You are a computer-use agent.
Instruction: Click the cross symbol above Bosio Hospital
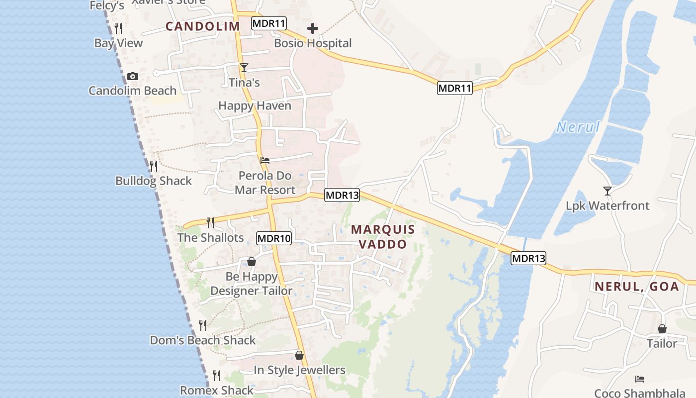point(313,29)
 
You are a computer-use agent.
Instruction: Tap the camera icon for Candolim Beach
point(132,76)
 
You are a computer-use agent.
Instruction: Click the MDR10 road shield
point(274,238)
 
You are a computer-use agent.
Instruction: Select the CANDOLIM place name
point(203,26)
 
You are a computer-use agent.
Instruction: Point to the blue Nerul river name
point(578,127)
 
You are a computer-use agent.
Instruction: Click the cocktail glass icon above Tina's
point(244,68)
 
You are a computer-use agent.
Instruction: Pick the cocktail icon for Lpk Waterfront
point(607,191)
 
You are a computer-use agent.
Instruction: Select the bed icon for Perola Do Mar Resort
point(265,161)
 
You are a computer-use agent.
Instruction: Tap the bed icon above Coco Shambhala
point(640,379)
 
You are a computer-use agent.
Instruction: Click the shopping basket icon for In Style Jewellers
point(299,355)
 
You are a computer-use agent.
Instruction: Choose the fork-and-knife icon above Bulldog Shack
point(154,166)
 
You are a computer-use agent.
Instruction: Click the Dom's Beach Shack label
point(203,340)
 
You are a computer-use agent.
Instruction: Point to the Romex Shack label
point(217,391)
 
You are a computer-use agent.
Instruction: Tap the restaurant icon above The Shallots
point(210,222)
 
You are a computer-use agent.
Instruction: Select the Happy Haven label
point(255,106)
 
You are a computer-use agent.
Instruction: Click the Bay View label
point(118,43)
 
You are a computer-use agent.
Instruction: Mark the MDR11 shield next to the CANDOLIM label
point(269,23)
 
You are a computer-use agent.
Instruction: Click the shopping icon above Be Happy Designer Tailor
point(252,262)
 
